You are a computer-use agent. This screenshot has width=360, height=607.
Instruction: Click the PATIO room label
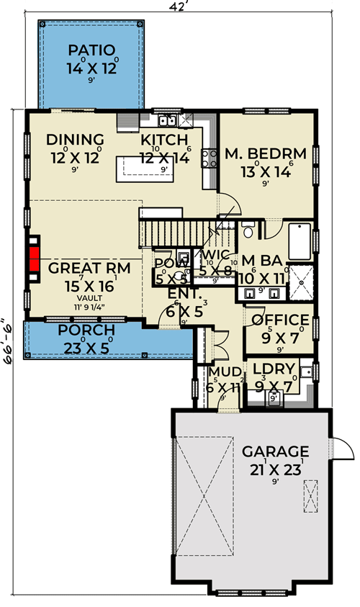91,50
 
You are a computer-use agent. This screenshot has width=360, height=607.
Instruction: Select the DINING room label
75,140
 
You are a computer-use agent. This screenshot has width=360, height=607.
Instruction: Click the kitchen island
153,168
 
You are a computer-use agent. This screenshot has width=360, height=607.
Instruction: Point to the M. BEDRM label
266,153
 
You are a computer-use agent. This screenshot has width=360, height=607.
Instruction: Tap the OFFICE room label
279,320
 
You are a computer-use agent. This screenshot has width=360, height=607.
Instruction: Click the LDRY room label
275,369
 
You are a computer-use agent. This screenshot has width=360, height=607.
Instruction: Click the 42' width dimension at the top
179,6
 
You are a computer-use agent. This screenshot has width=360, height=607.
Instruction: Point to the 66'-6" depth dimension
8,341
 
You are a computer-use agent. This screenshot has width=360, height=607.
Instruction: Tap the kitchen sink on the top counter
169,120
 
